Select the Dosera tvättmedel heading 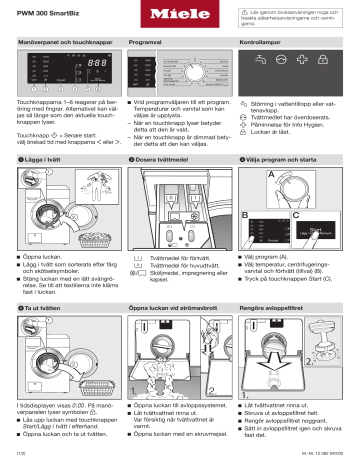click(161, 160)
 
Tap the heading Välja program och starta click(289, 160)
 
